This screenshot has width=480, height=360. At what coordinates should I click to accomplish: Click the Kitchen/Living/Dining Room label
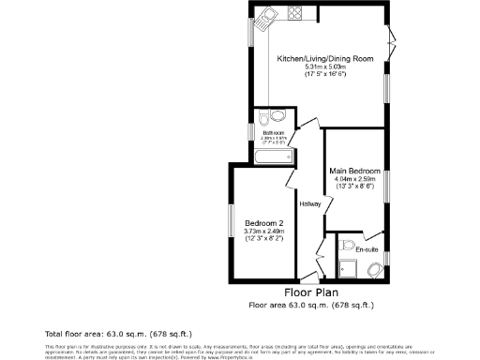(325, 59)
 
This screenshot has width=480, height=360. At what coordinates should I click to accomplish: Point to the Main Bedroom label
(355, 171)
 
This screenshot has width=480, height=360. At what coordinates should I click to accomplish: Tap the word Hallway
(310, 204)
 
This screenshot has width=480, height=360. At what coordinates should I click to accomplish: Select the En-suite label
(367, 249)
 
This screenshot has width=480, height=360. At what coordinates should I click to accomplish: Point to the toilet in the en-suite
(375, 271)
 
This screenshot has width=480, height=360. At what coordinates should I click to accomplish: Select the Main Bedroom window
(386, 185)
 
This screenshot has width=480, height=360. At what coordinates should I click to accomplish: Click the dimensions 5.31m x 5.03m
(324, 67)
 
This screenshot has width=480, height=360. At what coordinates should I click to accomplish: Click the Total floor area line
(92, 333)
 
